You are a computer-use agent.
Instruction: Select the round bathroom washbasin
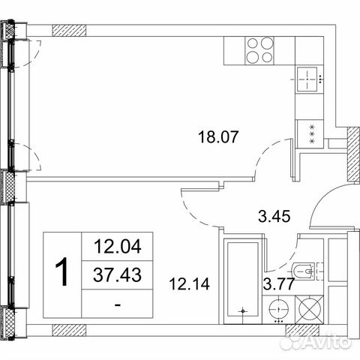(x=279, y=308)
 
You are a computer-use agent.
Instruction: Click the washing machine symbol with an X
(x=310, y=308)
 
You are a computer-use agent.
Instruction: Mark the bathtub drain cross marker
(x=242, y=309)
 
